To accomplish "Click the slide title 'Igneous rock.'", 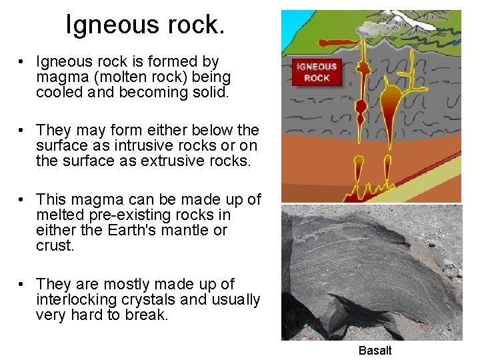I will point(145,25).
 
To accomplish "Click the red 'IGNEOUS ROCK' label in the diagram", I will point(317,72).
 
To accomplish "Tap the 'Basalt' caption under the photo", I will point(375,351).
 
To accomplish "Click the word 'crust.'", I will point(55,245).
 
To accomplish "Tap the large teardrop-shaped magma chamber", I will point(391,99).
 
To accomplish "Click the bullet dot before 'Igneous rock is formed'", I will point(22,62).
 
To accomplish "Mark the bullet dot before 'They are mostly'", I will point(22,285).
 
